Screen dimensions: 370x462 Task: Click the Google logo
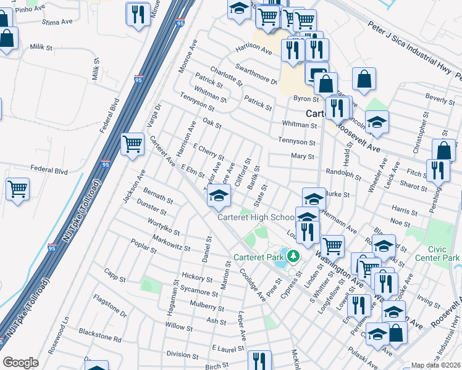20,363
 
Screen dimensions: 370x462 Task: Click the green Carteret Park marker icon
293,256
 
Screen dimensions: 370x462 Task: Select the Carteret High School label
256,217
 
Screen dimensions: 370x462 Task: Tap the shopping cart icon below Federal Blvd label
17,188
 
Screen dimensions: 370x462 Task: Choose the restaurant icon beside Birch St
259,360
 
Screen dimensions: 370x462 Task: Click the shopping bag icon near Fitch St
444,150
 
